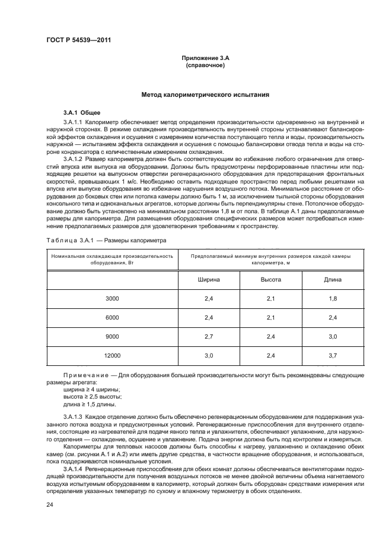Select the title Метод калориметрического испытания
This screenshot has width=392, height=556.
(205, 94)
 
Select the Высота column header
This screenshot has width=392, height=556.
(271, 279)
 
